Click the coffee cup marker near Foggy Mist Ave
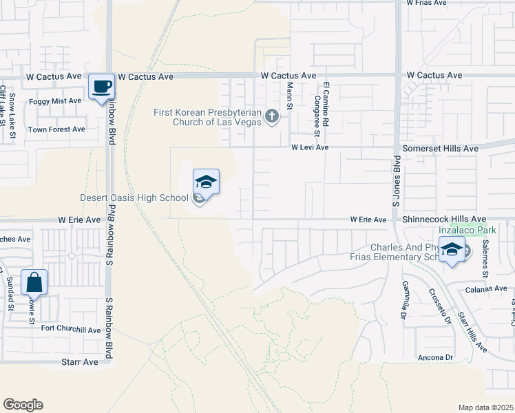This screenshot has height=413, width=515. point(102,87)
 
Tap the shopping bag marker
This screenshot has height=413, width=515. point(34,283)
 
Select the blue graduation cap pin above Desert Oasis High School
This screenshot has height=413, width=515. point(206,182)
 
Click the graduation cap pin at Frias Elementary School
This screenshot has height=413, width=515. point(452,251)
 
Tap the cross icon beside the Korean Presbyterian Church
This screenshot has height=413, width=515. point(272,116)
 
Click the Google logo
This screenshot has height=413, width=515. point(23,405)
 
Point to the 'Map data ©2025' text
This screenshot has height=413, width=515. point(485,407)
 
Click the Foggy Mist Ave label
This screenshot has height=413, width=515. point(55,100)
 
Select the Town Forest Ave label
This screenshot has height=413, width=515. point(56,129)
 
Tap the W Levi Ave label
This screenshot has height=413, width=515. point(309,147)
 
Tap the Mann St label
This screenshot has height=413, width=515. point(290,96)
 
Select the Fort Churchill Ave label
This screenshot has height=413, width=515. point(71,330)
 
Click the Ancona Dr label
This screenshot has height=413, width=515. point(435,358)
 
